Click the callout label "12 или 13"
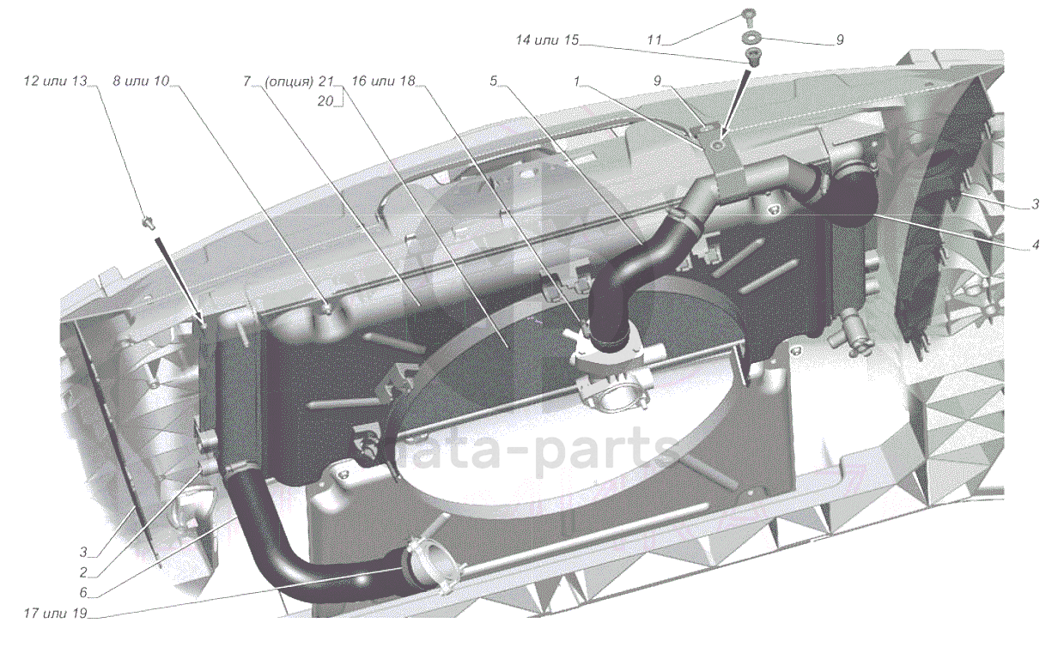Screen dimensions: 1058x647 (x=56, y=82)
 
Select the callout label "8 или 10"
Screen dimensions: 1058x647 (x=141, y=82)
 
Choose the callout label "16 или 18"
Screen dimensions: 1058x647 (x=383, y=82)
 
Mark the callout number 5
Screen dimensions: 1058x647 (x=494, y=82)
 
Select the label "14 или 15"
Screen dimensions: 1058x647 (x=548, y=39)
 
